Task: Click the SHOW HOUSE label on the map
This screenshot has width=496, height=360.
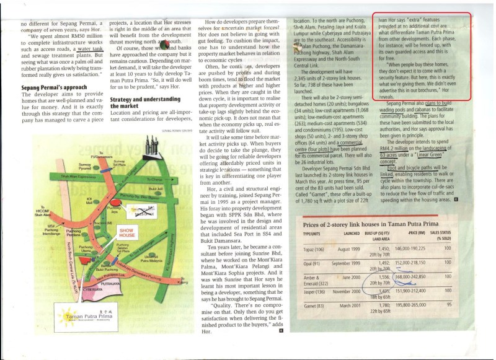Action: (126, 234)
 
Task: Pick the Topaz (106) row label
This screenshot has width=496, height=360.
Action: (314, 248)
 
